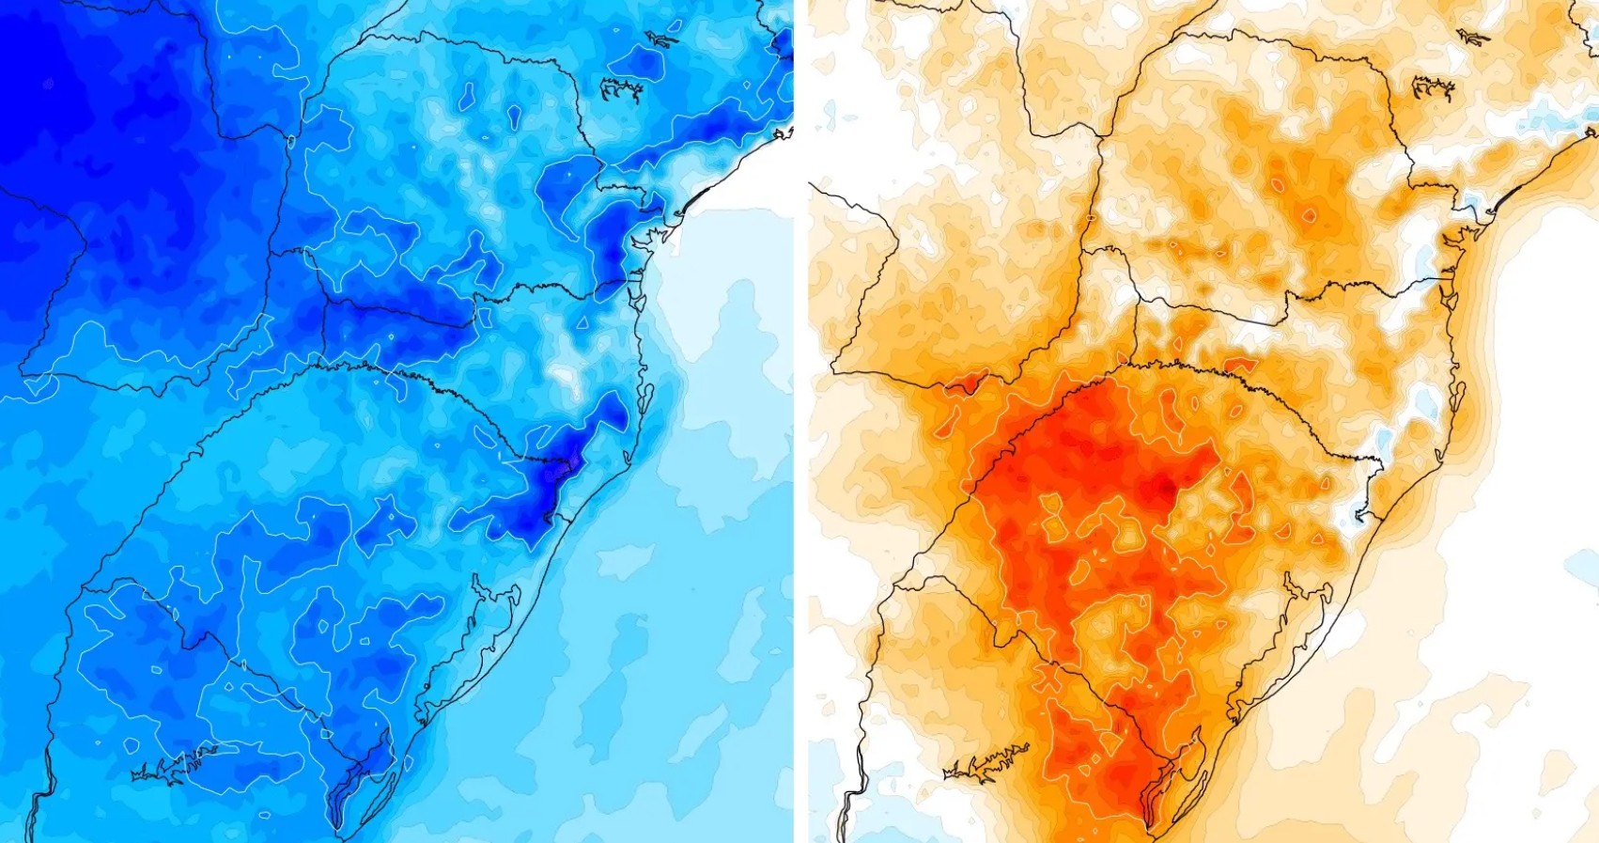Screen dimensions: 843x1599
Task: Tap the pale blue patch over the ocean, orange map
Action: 1583,564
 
